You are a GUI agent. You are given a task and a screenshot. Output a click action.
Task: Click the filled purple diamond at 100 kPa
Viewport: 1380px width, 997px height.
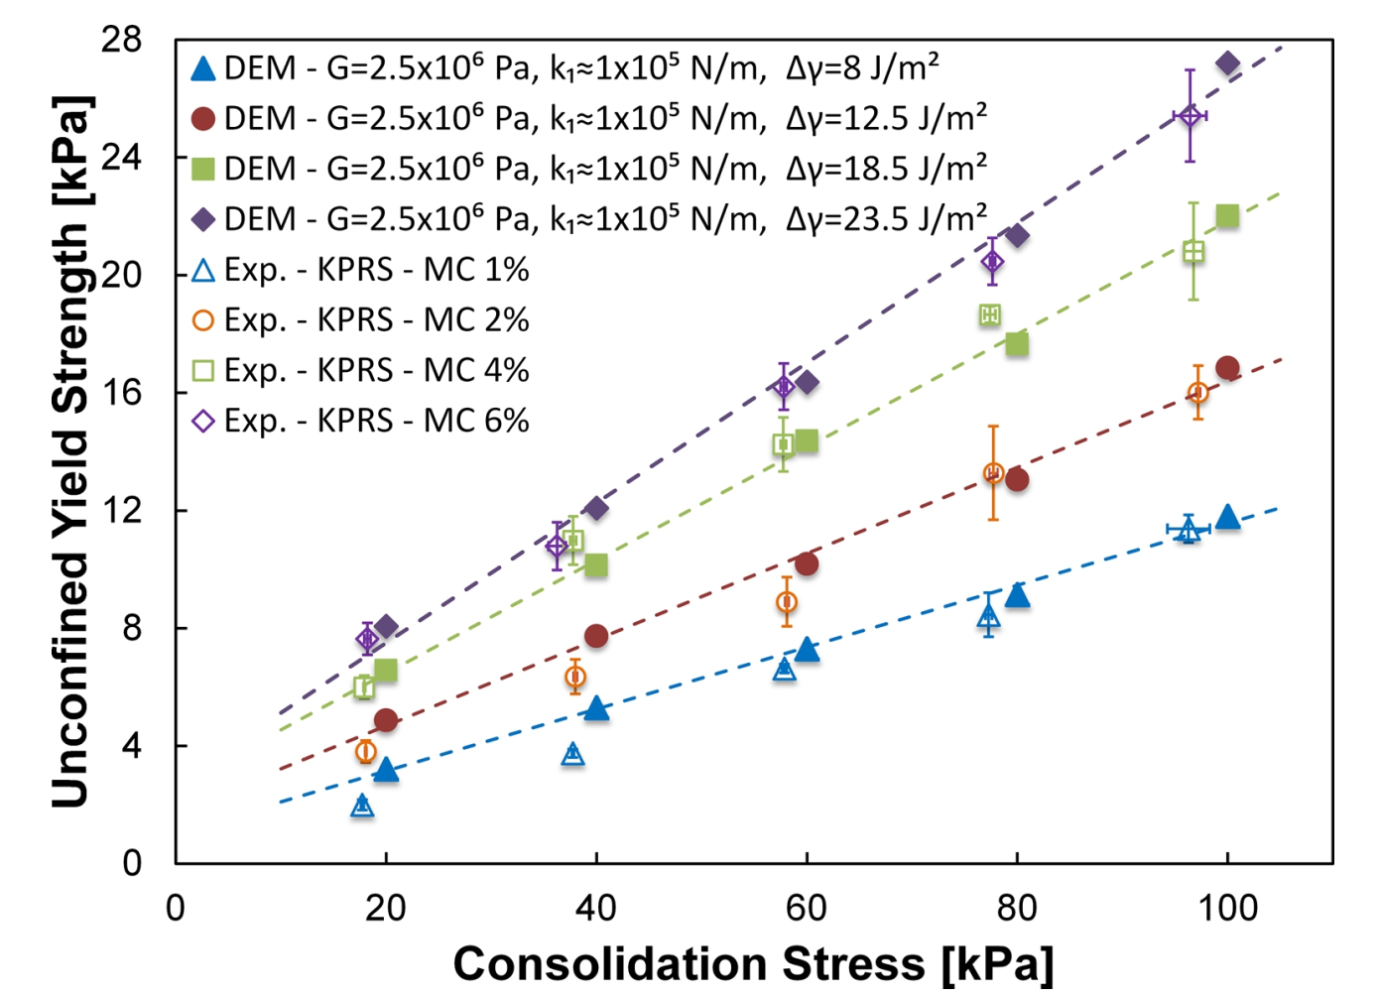(1227, 64)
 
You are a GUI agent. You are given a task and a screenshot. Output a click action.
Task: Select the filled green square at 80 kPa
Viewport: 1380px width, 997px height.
(1017, 344)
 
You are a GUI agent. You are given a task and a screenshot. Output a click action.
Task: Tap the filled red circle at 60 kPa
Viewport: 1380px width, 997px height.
(807, 563)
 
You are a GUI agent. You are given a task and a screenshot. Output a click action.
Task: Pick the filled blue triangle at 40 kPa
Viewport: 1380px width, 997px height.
(596, 708)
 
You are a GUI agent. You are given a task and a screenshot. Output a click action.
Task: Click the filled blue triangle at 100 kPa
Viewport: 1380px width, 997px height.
(1227, 517)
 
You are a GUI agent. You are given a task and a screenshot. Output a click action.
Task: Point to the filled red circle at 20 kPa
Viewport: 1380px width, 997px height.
(386, 720)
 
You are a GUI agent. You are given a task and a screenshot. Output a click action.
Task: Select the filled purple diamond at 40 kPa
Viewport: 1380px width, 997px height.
(596, 508)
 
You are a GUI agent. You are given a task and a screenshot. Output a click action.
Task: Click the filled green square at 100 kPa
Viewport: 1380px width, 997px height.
(1227, 216)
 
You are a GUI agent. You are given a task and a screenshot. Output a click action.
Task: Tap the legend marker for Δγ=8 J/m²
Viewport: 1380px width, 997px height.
(202, 68)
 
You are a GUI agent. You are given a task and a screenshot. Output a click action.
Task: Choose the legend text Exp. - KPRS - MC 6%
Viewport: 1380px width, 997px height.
(376, 421)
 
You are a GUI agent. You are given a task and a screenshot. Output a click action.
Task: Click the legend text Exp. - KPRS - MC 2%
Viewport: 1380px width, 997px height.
(376, 319)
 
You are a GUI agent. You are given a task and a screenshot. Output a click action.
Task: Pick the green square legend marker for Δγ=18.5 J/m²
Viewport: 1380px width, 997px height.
(202, 169)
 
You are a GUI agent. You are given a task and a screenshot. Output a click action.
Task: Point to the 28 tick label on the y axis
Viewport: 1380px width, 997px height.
(121, 41)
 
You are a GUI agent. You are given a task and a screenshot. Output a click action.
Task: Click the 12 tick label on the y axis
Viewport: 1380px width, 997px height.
(121, 510)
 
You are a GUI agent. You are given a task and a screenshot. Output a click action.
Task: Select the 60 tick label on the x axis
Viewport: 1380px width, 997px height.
(807, 907)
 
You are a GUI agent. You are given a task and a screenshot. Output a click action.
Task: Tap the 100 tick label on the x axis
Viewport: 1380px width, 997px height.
(1227, 907)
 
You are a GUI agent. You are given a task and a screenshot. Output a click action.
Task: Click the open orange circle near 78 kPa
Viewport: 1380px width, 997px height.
(993, 473)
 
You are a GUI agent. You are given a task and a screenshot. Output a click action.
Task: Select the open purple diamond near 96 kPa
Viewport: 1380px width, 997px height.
(1190, 116)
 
